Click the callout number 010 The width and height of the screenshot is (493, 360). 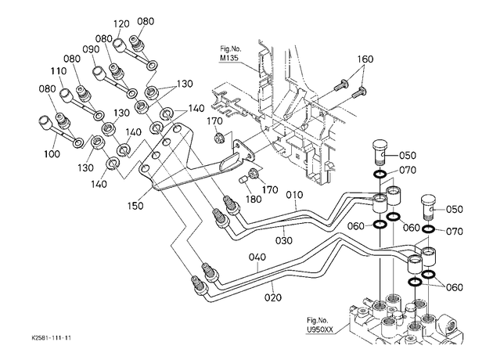click(x=294, y=195)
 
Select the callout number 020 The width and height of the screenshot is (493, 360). click(x=272, y=297)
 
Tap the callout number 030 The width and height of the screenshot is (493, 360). click(x=284, y=240)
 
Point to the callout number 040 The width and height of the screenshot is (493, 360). click(x=257, y=257)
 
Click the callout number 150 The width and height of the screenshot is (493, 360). click(x=135, y=206)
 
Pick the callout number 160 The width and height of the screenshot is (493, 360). click(x=365, y=59)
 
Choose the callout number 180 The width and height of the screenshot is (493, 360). click(x=254, y=200)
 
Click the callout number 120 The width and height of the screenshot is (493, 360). click(x=121, y=24)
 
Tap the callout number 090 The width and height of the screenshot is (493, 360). click(x=92, y=49)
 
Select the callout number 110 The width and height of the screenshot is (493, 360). click(x=59, y=71)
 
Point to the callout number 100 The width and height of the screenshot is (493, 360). click(x=52, y=153)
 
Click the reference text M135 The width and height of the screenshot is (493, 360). click(x=229, y=58)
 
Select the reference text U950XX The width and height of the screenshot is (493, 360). click(x=320, y=330)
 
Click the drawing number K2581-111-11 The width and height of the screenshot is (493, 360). click(x=51, y=338)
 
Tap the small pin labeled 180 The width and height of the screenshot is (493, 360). click(x=243, y=181)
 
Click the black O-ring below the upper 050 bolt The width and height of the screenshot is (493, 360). click(x=380, y=174)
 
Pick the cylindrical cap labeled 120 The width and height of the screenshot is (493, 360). click(x=118, y=45)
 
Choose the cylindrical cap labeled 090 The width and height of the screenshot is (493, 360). click(x=98, y=72)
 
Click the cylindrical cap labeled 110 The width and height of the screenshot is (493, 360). click(x=66, y=95)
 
